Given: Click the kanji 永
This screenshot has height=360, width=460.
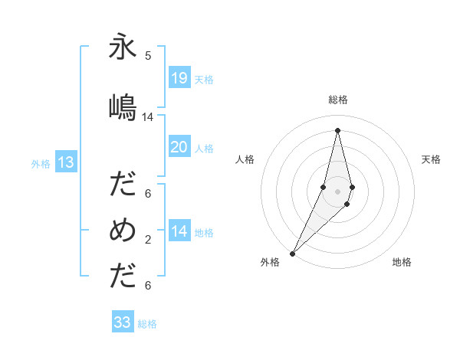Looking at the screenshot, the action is pyautogui.click(x=123, y=48).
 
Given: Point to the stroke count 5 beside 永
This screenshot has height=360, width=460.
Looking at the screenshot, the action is pyautogui.click(x=148, y=56).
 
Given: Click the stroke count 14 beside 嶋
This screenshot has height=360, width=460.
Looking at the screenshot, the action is pyautogui.click(x=148, y=117).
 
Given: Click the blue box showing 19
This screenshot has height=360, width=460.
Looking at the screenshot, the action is pyautogui.click(x=179, y=77).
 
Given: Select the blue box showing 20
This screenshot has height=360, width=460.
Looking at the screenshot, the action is pyautogui.click(x=179, y=147).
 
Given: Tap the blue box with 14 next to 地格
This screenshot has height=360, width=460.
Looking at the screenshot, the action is pyautogui.click(x=179, y=232).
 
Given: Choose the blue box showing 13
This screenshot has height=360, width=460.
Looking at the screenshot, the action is pyautogui.click(x=66, y=162).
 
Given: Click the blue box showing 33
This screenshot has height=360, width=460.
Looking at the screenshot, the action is pyautogui.click(x=123, y=322).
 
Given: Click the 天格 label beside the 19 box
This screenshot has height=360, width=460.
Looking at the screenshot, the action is pyautogui.click(x=204, y=79).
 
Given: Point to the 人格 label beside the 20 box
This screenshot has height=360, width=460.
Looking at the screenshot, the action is pyautogui.click(x=204, y=149).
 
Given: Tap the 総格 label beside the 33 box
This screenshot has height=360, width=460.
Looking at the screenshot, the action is pyautogui.click(x=147, y=324).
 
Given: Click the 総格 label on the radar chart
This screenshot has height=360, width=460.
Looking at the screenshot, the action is pyautogui.click(x=338, y=100).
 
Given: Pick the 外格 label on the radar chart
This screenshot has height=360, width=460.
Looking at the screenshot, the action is pyautogui.click(x=270, y=263).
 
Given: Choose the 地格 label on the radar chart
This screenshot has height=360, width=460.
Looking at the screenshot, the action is pyautogui.click(x=402, y=263).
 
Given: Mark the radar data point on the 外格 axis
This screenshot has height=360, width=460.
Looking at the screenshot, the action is pyautogui.click(x=292, y=253).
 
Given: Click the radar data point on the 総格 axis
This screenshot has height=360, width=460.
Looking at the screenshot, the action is pyautogui.click(x=338, y=129).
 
